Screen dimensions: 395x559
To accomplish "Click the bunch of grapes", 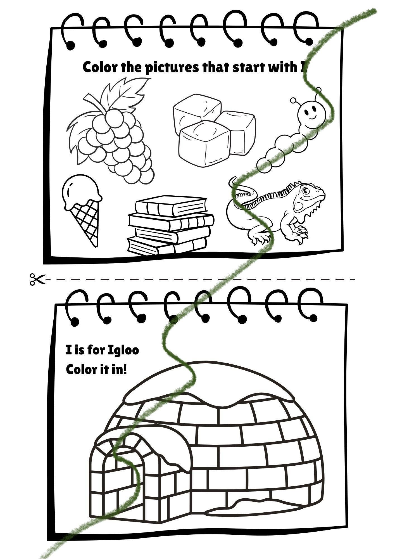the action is click(x=112, y=131).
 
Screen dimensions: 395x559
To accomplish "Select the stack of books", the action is click(x=170, y=225).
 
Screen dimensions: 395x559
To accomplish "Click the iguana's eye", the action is click(x=306, y=191).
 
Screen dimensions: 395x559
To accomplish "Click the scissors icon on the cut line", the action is click(x=37, y=279).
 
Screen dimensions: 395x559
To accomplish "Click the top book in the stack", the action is click(x=171, y=205).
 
